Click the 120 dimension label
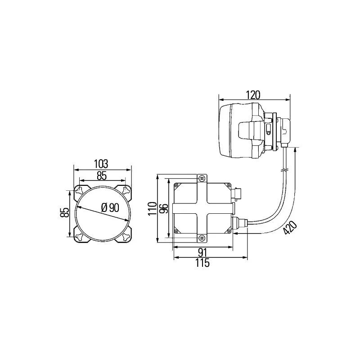pos(253,95)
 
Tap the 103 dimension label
pos(101,164)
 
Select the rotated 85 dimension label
pos(65,212)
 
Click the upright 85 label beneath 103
pos(102,176)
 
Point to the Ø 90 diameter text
pos(110,208)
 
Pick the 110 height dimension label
pos(152,208)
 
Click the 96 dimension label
pos(164,208)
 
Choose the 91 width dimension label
pos(203,252)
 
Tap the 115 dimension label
pos(203,263)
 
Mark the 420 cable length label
pos(290,228)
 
